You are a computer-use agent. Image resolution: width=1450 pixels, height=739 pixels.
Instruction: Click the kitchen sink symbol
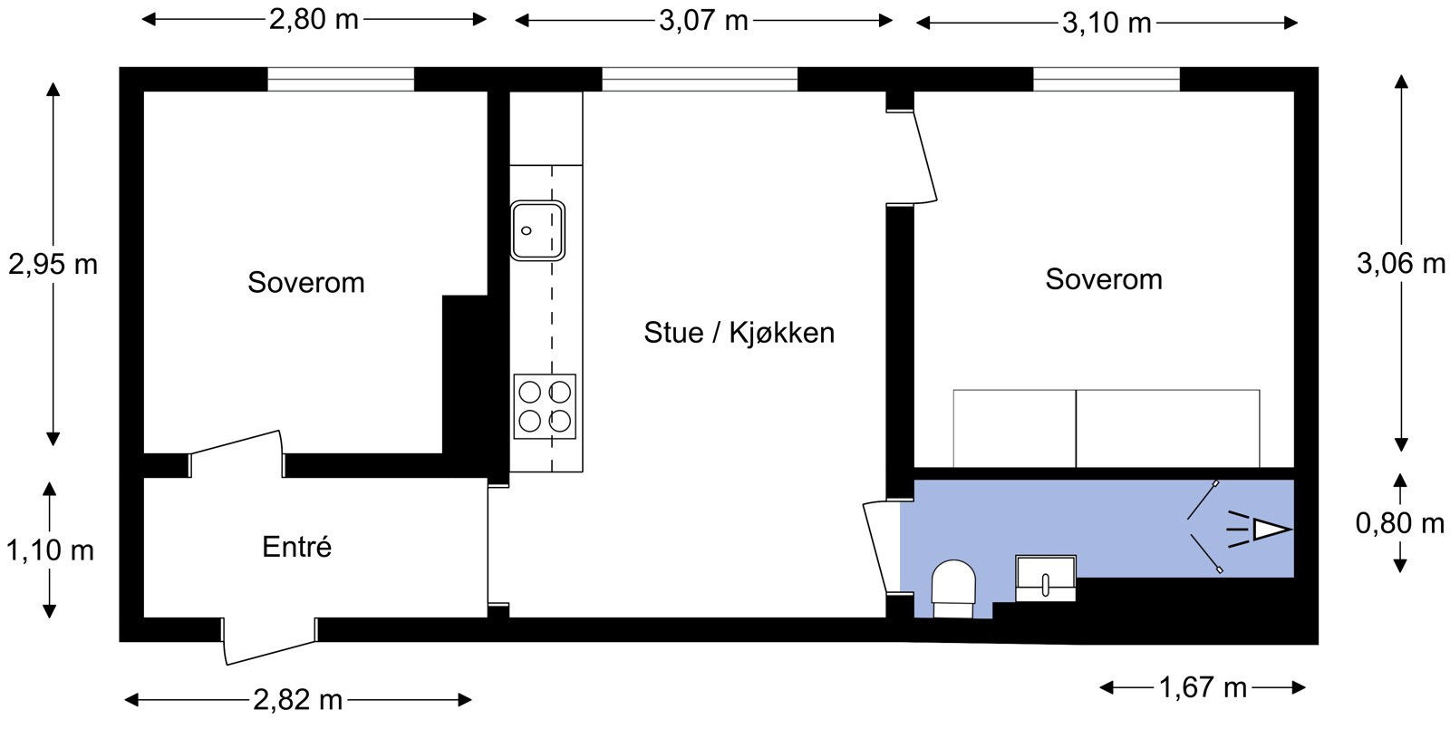pos(537,230)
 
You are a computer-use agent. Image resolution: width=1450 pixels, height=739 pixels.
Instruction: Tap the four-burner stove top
pos(545,406)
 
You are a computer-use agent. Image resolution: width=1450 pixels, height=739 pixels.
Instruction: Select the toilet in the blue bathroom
pos(953,588)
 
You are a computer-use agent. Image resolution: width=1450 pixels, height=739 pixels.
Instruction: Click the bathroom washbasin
pos(1045,579)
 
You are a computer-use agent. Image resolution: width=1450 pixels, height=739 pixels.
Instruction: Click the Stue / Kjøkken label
pos(739,333)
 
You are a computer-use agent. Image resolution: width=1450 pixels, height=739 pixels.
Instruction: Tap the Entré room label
pos(296,548)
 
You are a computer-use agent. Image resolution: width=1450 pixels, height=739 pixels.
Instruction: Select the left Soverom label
pos(306,283)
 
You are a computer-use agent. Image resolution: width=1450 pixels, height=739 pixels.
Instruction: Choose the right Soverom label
pos(1103,279)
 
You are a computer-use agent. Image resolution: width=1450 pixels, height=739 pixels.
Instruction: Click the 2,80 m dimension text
pos(314,19)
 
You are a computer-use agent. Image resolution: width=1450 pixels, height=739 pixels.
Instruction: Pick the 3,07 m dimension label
pos(703,20)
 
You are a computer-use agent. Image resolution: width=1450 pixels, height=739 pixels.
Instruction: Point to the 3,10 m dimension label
pos(1107,22)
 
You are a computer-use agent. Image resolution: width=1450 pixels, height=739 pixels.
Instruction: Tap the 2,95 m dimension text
pos(53,265)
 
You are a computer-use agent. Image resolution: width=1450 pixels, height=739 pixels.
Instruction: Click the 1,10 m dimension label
pos(51,550)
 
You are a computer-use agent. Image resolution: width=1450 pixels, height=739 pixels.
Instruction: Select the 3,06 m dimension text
pos(1400,264)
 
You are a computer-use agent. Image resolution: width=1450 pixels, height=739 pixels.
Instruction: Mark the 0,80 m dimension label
pos(1399,523)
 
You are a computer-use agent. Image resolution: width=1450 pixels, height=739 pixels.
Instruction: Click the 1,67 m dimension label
pos(1203,687)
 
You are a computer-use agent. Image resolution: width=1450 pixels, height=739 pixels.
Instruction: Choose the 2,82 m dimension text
pos(297,700)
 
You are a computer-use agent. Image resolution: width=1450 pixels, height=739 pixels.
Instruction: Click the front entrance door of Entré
pos(269,643)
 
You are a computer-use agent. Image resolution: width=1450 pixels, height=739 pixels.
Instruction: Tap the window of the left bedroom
pos(341,79)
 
